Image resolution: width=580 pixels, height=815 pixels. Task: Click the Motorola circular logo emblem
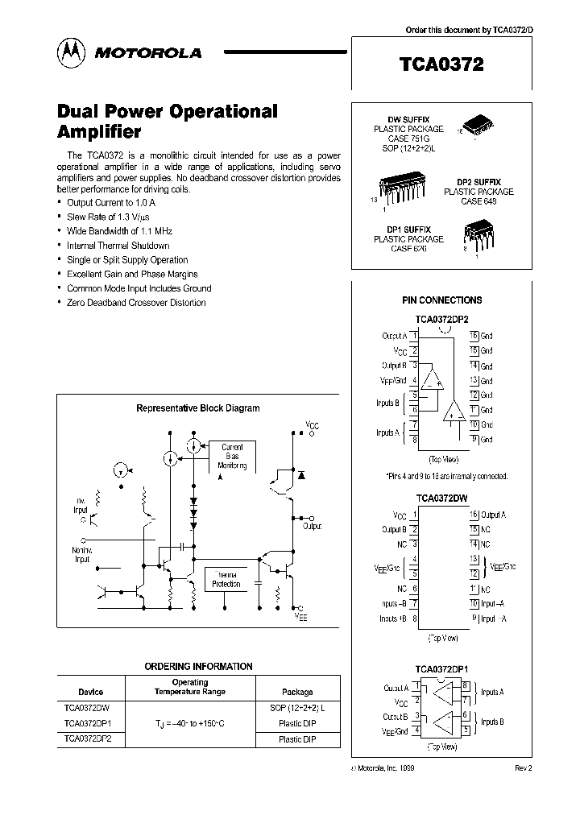[x=71, y=52]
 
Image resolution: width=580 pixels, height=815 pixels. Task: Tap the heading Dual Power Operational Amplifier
[x=168, y=121]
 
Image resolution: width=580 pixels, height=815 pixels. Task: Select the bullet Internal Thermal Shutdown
[x=118, y=246]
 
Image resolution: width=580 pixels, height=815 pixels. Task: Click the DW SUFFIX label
[x=408, y=119]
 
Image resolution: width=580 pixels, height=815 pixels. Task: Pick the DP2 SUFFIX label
[x=478, y=183]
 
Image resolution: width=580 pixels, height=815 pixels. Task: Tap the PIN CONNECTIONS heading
[x=442, y=300]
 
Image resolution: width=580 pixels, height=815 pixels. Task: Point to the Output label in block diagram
[x=312, y=526]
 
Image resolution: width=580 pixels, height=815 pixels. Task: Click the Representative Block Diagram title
[x=197, y=408]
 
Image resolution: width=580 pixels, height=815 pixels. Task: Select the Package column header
[x=297, y=692]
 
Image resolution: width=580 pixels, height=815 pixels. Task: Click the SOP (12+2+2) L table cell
[x=297, y=708]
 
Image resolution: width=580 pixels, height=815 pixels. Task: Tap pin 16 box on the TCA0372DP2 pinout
[x=474, y=335]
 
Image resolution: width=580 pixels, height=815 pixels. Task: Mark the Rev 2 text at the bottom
[x=524, y=768]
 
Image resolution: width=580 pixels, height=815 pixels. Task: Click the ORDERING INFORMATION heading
[x=198, y=667]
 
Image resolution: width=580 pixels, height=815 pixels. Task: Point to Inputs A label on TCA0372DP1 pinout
[x=492, y=692]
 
